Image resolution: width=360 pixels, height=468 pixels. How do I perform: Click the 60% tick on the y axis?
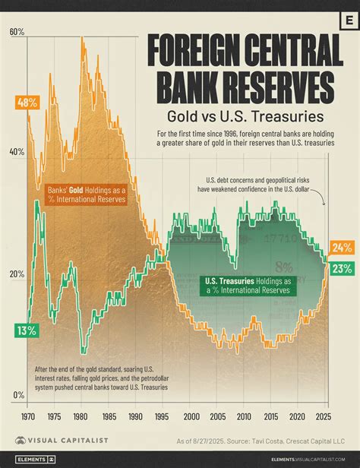17,33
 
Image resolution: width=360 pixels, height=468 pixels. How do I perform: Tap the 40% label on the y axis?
17,152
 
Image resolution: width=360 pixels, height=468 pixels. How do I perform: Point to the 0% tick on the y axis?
18,395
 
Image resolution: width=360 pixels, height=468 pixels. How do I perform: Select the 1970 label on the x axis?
29,416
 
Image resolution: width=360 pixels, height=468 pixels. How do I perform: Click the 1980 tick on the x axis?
82,416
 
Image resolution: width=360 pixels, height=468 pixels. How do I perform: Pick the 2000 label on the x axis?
191,416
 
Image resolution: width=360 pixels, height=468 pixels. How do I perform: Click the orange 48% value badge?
27,102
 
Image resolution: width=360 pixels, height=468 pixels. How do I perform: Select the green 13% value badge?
26,330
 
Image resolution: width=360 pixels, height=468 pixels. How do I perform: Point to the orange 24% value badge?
341,248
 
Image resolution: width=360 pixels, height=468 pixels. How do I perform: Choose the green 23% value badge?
341,267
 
